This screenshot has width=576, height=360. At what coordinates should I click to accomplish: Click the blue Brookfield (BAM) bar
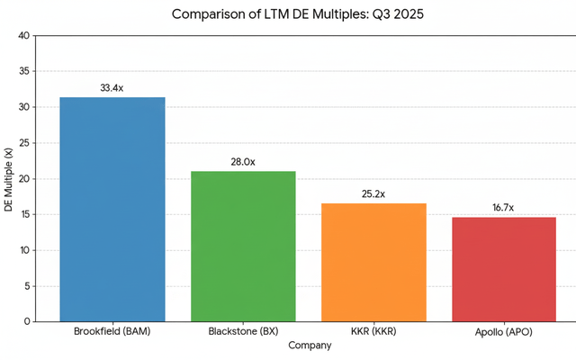pyautogui.click(x=112, y=209)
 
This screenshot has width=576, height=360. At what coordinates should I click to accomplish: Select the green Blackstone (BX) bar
pyautogui.click(x=243, y=246)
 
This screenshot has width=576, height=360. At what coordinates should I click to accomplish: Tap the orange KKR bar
pyautogui.click(x=373, y=262)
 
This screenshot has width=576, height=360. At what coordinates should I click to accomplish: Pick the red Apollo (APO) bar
pyautogui.click(x=504, y=269)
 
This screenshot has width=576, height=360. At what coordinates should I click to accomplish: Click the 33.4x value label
pyautogui.click(x=112, y=88)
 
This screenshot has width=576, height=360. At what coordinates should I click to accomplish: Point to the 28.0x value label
pyautogui.click(x=243, y=162)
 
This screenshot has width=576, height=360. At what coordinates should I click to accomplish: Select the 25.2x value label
pyautogui.click(x=373, y=194)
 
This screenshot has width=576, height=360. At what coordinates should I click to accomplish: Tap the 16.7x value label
pyautogui.click(x=504, y=208)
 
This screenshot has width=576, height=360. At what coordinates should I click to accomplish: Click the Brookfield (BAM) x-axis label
pyautogui.click(x=112, y=332)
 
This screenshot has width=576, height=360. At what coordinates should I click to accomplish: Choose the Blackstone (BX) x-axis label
pyautogui.click(x=243, y=332)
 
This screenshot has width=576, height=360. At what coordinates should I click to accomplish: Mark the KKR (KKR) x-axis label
pyautogui.click(x=373, y=332)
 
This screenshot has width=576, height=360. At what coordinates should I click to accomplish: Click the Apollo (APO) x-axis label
pyautogui.click(x=504, y=333)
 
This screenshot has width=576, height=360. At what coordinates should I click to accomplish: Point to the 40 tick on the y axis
pyautogui.click(x=24, y=36)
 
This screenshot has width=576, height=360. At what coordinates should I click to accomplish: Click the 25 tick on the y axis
pyautogui.click(x=24, y=143)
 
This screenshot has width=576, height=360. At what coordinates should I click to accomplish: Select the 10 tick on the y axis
pyautogui.click(x=24, y=250)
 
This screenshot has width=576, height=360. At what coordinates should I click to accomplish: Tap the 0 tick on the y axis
pyautogui.click(x=27, y=321)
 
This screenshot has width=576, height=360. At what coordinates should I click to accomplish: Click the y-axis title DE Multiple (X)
pyautogui.click(x=8, y=179)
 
